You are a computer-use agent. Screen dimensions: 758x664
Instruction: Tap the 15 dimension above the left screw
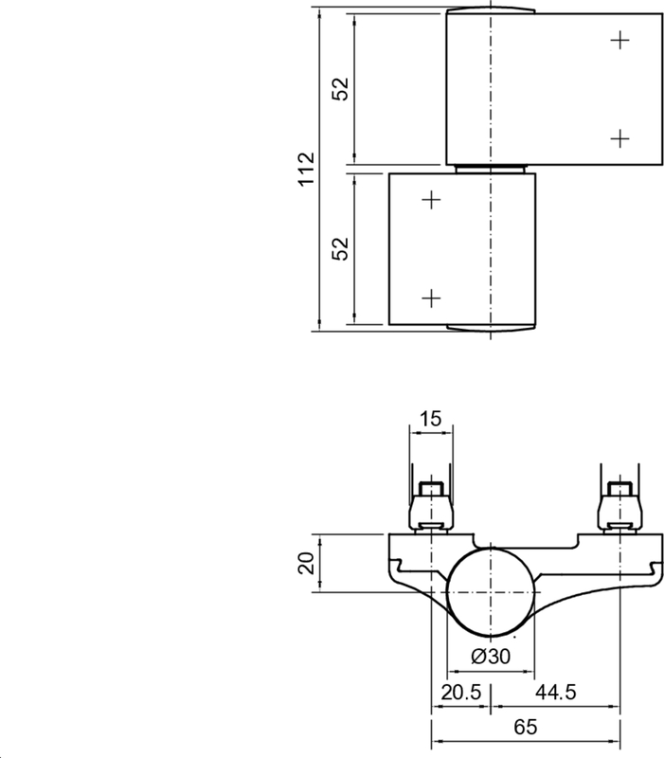(x=431, y=419)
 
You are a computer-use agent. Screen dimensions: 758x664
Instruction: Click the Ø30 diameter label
(x=490, y=656)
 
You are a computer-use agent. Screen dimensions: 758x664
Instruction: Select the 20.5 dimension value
(x=460, y=692)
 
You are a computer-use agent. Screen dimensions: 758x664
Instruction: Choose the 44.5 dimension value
(x=555, y=692)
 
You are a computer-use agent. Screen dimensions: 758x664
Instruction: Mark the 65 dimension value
(x=527, y=728)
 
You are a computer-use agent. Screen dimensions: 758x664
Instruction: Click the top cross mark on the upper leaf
(x=619, y=40)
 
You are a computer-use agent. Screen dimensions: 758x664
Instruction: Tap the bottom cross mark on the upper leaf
(x=619, y=138)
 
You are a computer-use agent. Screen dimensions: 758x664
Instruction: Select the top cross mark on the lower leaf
(x=431, y=200)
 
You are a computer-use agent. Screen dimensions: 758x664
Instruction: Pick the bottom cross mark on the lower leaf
(x=431, y=298)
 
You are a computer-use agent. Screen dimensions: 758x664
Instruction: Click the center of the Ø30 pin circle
(x=490, y=591)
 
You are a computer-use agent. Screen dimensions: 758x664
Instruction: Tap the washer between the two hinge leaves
(x=491, y=169)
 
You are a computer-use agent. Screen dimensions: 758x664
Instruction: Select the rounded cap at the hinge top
(x=491, y=9)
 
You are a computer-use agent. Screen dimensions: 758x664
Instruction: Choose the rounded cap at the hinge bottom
(x=491, y=329)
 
